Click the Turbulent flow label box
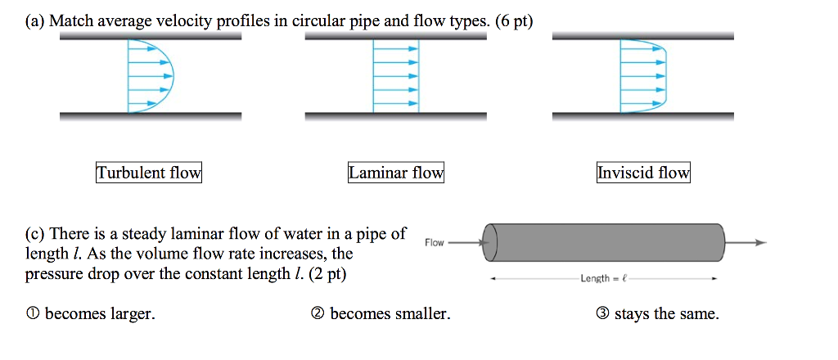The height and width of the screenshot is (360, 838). coord(148,173)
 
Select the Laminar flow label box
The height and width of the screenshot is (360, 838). coord(396,173)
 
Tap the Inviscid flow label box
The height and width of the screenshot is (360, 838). coord(643,173)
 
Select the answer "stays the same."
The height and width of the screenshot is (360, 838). coord(667,314)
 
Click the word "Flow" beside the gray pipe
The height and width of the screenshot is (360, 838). coord(434,242)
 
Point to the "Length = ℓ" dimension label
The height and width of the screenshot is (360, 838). coord(604,279)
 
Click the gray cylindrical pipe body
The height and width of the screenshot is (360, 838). coord(606,242)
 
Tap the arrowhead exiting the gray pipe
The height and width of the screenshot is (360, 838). coord(761,242)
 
